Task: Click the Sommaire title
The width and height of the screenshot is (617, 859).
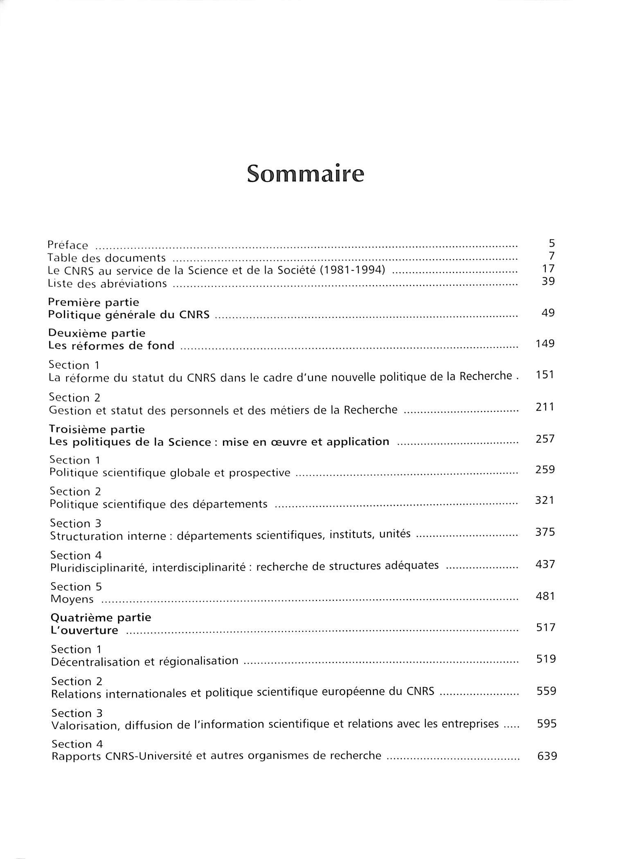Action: [x=305, y=174]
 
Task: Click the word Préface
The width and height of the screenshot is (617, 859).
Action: [x=68, y=245]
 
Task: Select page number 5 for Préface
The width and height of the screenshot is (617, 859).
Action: [x=552, y=244]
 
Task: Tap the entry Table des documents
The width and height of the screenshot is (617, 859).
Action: [x=106, y=258]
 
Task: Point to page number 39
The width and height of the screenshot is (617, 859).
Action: [x=548, y=281]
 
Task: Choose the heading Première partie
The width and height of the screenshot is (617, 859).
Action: [x=94, y=302]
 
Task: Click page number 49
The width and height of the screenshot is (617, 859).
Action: [x=548, y=313]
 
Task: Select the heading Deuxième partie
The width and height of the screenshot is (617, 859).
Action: [x=97, y=333]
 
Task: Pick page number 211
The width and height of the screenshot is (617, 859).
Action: [x=545, y=407]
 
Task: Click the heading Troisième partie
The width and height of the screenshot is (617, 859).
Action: [x=97, y=429]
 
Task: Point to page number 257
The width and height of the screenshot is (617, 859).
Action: [x=545, y=439]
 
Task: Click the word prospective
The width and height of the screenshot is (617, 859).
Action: [x=259, y=473]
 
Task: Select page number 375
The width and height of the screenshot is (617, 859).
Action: [x=545, y=532]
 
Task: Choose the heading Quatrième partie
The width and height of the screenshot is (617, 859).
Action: [x=101, y=617]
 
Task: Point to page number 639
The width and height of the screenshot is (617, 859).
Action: [x=547, y=756]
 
